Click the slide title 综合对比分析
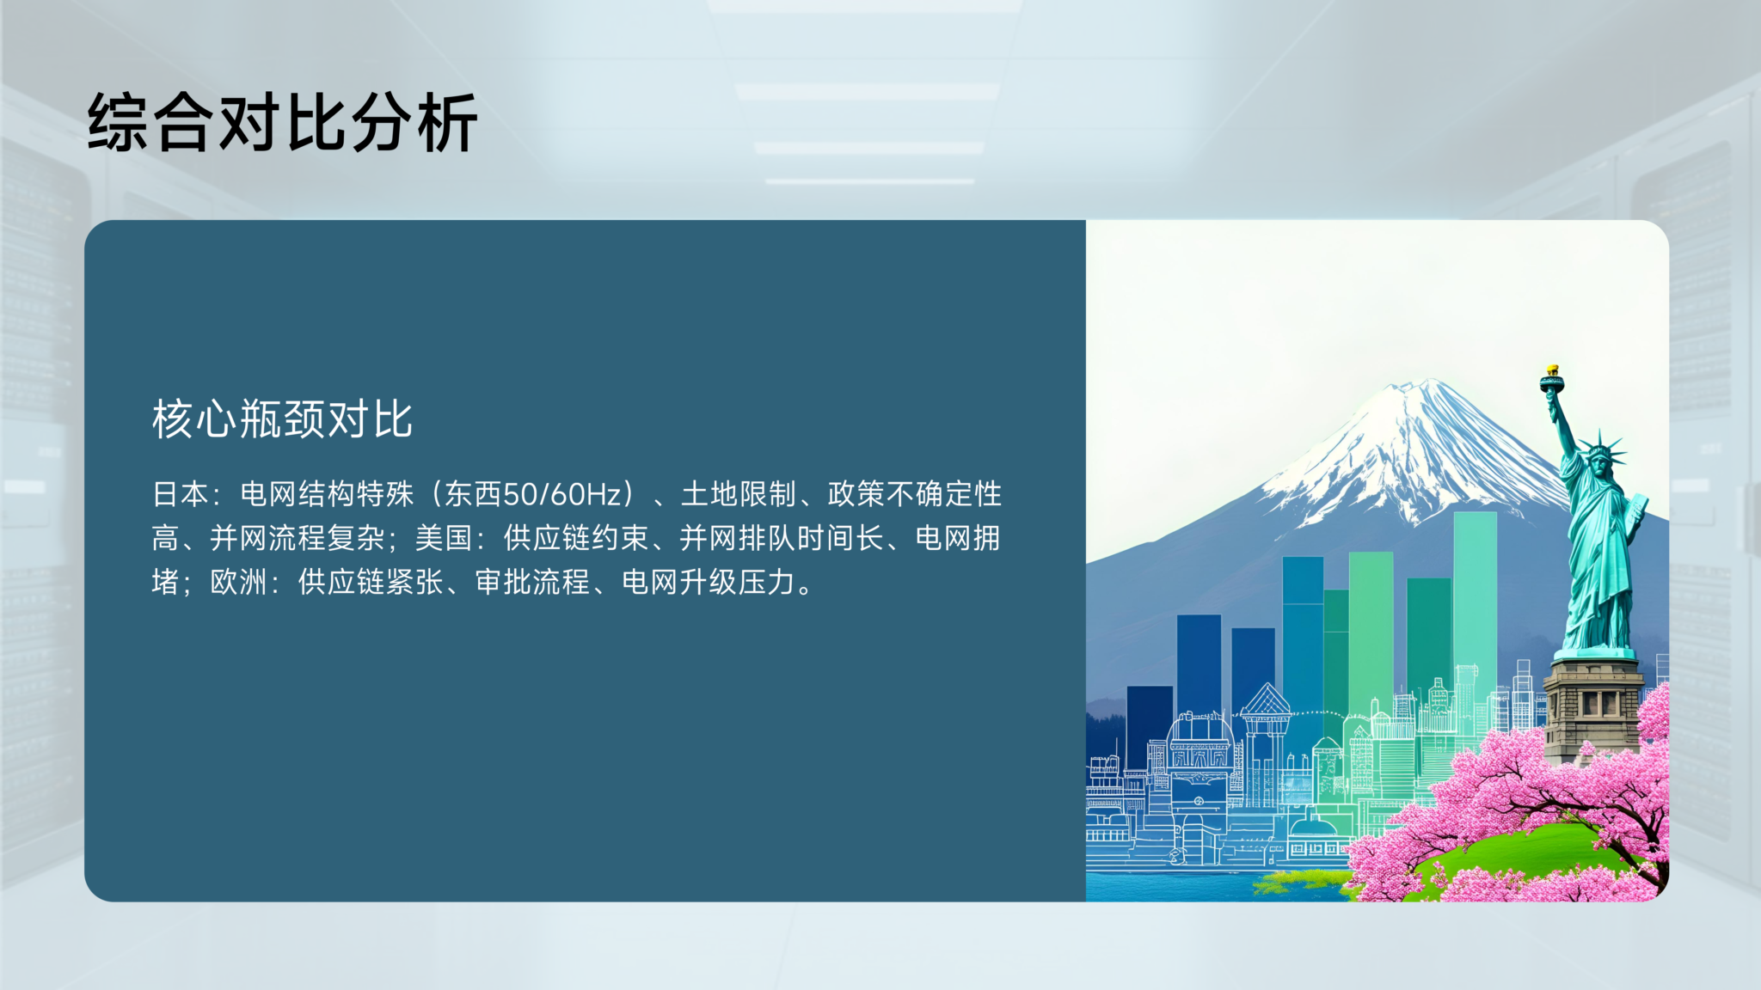click(282, 123)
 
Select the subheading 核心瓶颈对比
click(282, 419)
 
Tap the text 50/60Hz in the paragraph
click(562, 494)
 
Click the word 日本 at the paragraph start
click(181, 494)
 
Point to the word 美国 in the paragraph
click(444, 538)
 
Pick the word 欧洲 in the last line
click(239, 582)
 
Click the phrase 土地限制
click(739, 494)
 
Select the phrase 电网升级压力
click(709, 582)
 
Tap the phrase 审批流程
click(533, 582)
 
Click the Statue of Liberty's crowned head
click(1601, 455)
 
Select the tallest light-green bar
click(1475, 619)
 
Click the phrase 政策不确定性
click(915, 494)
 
